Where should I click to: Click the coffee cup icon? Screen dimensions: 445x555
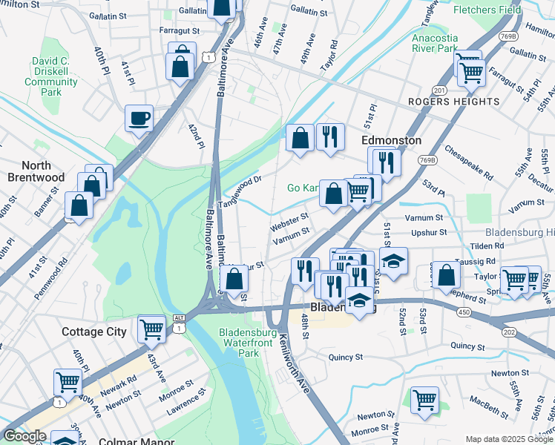click(139, 119)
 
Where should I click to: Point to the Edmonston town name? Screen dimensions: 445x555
click(391, 140)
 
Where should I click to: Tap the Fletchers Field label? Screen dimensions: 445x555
click(517, 11)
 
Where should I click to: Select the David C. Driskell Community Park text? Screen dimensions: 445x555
click(51, 77)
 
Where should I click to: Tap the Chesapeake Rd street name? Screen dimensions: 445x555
click(469, 162)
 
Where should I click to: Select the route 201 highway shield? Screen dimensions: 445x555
click(439, 90)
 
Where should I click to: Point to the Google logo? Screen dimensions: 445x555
click(24, 437)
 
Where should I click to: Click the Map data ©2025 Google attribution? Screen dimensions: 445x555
click(508, 439)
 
